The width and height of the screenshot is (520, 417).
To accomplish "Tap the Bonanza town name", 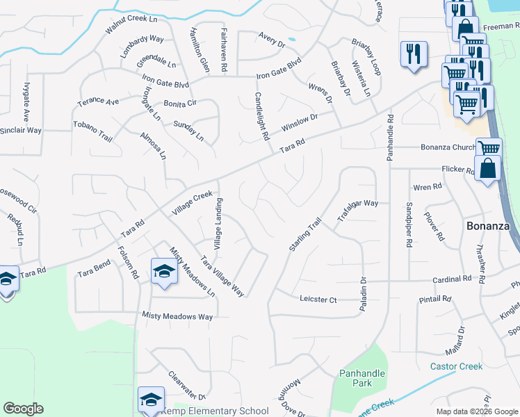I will [487, 227].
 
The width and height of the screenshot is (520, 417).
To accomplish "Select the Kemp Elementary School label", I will [215, 411].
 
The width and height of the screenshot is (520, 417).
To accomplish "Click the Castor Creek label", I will [456, 366].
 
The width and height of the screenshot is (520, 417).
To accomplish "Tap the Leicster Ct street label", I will [318, 300].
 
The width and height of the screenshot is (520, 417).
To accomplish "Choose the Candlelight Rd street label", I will [261, 117].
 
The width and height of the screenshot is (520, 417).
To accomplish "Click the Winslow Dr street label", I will [299, 123].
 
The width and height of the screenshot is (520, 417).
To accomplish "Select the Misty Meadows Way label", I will [177, 316].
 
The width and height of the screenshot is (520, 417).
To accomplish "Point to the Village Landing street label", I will [218, 224].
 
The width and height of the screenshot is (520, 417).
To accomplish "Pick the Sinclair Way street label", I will [21, 130].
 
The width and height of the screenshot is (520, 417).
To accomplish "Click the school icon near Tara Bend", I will [164, 271].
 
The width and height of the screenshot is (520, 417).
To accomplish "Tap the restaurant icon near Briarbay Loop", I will [413, 54].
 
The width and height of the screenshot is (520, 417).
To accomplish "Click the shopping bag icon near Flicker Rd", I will [488, 168].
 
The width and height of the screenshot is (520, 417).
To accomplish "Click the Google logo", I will [23, 409].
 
